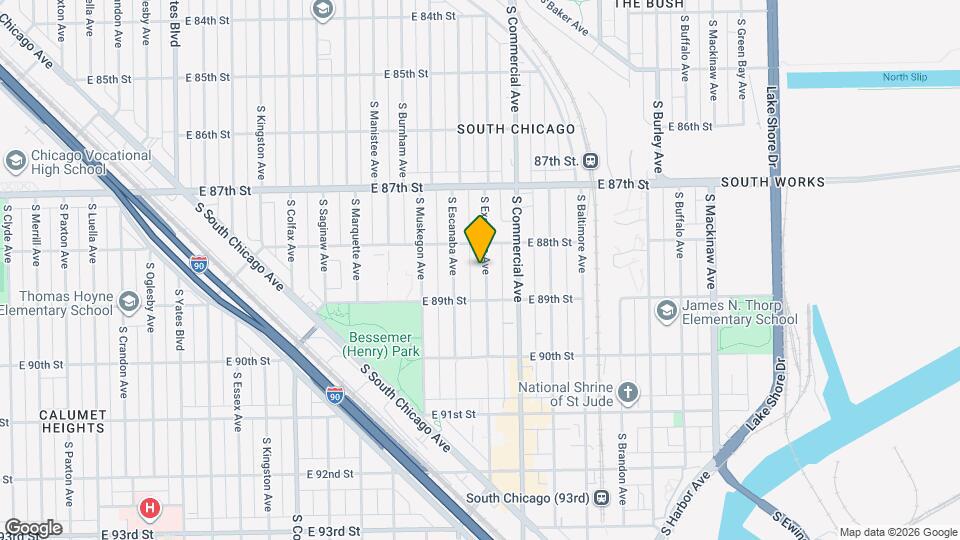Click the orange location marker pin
pos(480,240)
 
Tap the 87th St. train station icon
pos(592,160)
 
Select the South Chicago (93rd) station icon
pos(601,497)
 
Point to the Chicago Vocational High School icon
pos(15,160)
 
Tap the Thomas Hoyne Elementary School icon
pos(128,301)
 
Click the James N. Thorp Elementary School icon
pos(666,311)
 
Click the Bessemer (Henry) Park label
pos(381,343)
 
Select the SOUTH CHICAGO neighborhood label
pos(516,129)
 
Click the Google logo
pos(33,527)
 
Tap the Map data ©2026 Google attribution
pos(897,532)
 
